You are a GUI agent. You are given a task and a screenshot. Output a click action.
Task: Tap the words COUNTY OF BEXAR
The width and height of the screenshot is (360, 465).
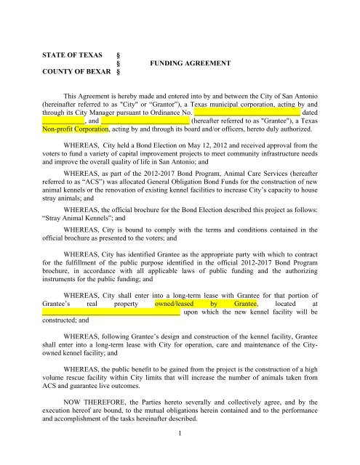click(x=65, y=73)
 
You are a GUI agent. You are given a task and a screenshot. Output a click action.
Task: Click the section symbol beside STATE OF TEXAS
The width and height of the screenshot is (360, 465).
click(x=118, y=54)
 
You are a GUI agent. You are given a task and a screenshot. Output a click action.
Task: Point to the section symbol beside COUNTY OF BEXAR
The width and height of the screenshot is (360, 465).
click(x=118, y=73)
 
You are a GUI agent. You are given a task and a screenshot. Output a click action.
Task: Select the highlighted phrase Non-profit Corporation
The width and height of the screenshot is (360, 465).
click(x=75, y=131)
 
